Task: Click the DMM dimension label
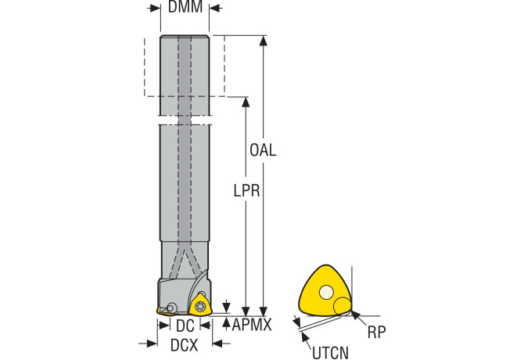coord(185,7)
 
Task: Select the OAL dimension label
coord(263,150)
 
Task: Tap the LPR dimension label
coord(246,190)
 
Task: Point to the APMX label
coord(252,324)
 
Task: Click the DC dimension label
coord(185,326)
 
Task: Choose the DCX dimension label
coord(184,345)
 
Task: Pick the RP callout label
coord(377,332)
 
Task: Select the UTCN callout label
coord(330,353)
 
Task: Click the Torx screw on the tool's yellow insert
coord(199,305)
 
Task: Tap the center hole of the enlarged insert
coord(326,292)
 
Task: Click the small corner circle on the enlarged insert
coord(343,305)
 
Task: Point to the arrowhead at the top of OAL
coord(264,40)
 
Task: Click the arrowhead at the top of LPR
coord(246,102)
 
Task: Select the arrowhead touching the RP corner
coord(354,315)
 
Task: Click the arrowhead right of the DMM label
coord(214,8)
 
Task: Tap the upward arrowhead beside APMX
coord(226,322)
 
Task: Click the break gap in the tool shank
coord(185,121)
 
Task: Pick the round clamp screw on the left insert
coord(171,308)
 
